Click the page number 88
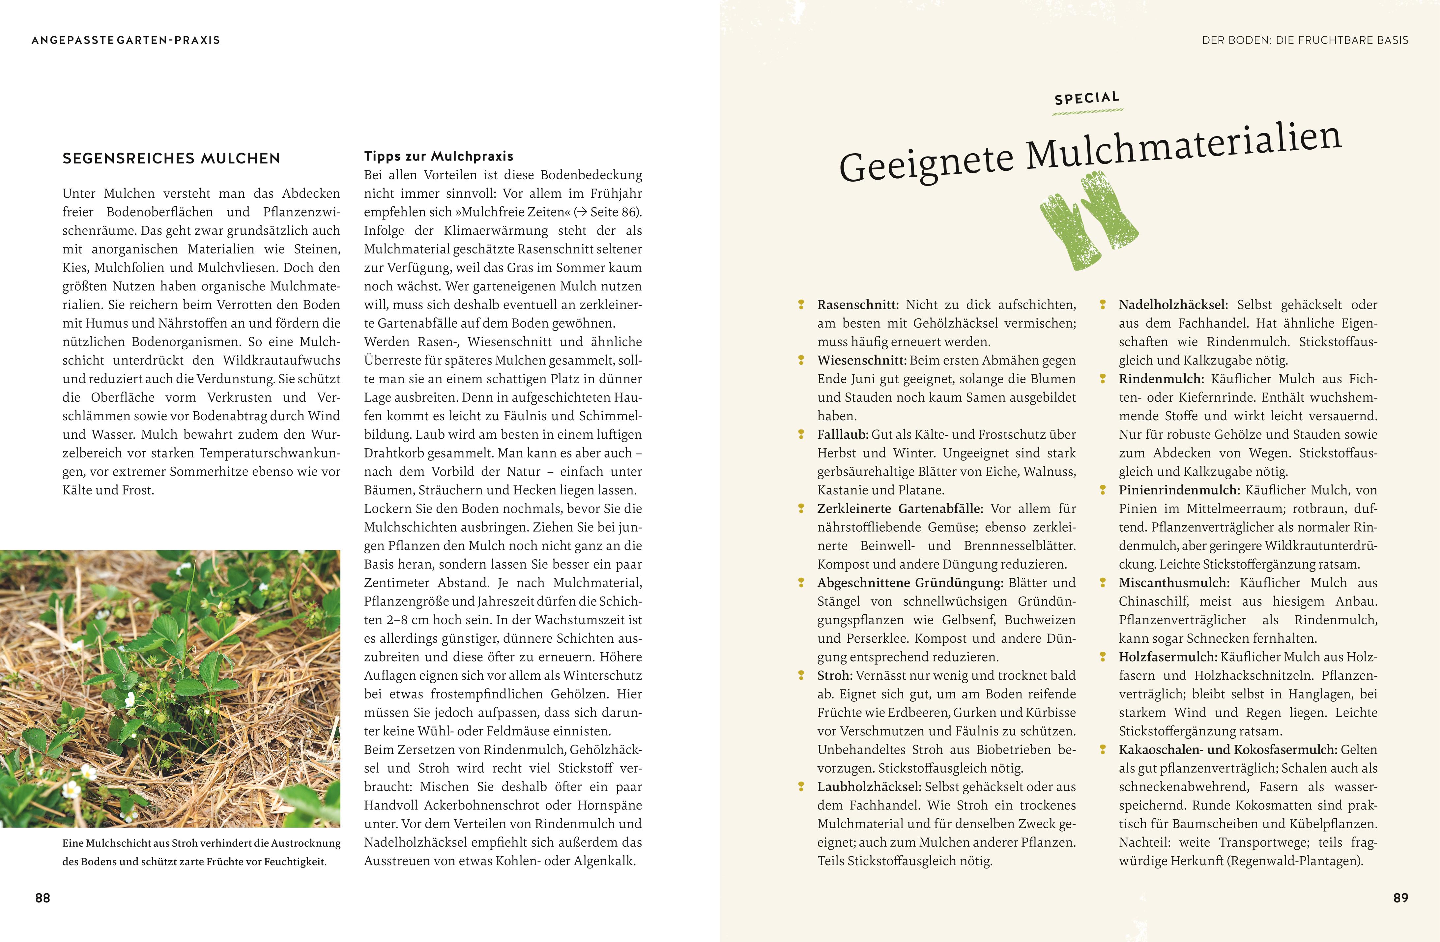click(x=43, y=898)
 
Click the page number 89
click(x=1401, y=898)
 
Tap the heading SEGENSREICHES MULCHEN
click(x=171, y=159)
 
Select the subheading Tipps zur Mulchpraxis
click(x=439, y=156)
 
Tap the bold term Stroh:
click(x=835, y=675)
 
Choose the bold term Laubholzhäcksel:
click(x=869, y=786)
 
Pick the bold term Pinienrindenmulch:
click(x=1179, y=490)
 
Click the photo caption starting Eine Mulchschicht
click(x=201, y=852)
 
